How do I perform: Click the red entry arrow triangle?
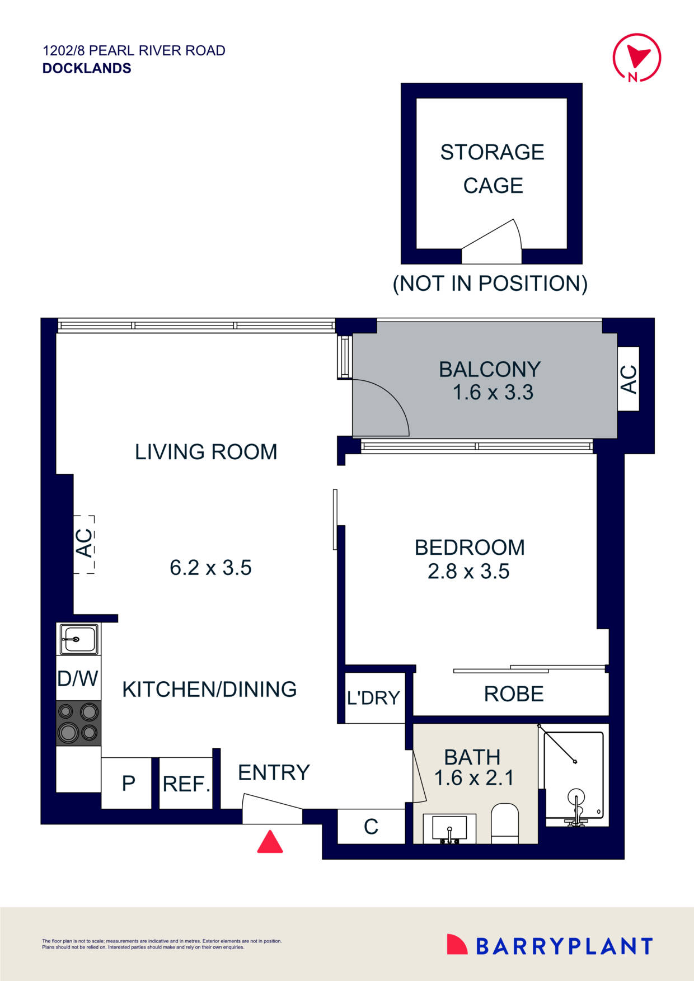point(270,843)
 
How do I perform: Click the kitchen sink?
point(79,639)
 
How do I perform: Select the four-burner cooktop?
point(78,723)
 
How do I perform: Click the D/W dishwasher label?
point(78,678)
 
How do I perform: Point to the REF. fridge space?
point(186,784)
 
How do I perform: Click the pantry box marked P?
point(128,783)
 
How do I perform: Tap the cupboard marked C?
point(371,827)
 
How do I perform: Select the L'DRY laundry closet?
point(373,697)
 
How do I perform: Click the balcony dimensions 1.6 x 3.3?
point(493,393)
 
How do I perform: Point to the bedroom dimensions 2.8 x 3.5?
point(468,572)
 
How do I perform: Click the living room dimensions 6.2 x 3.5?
point(210,568)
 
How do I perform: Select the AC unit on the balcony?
point(628,379)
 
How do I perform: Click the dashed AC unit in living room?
point(84,544)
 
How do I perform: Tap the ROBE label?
point(513,694)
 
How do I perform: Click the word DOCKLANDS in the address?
point(87,68)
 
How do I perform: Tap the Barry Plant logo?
point(550,945)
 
